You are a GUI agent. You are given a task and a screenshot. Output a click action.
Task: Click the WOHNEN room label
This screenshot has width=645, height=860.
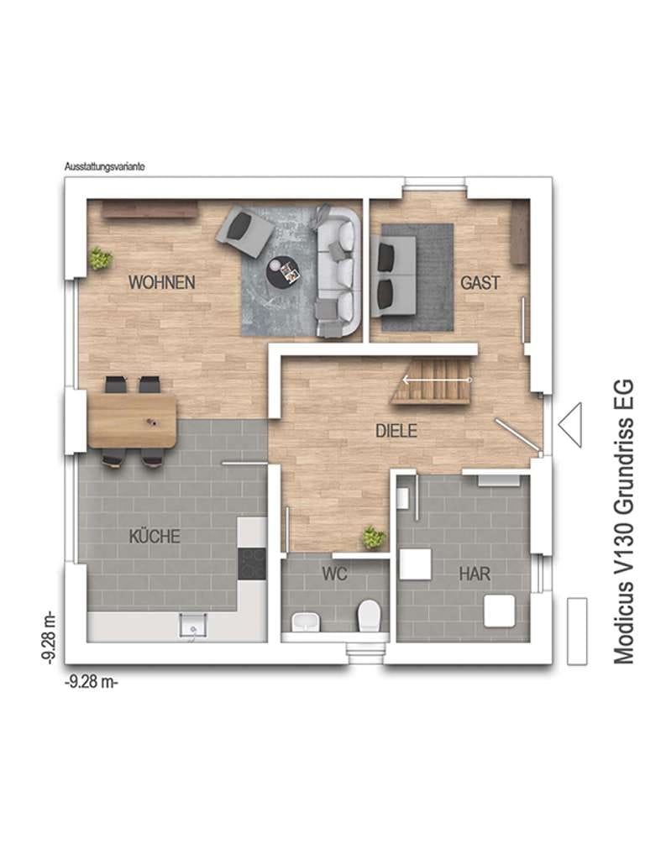coord(162,282)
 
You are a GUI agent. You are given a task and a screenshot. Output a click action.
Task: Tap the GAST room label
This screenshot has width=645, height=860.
coord(480,282)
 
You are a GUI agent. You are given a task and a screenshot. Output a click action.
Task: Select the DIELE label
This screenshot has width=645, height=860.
coord(396,431)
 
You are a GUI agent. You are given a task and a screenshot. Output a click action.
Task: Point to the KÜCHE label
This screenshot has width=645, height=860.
coord(155,536)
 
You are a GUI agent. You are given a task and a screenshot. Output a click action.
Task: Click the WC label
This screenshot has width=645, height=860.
coord(334,574)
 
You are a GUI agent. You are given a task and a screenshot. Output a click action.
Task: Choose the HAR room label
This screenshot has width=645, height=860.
coord(475,574)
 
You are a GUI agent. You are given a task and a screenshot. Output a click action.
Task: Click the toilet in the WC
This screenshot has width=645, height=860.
coord(369,616)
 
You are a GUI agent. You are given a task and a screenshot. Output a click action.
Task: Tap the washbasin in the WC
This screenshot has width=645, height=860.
coord(306,621)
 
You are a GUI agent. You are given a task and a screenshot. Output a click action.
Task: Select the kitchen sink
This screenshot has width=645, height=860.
coord(194,626)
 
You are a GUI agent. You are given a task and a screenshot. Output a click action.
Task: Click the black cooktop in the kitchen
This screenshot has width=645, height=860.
coord(252,564)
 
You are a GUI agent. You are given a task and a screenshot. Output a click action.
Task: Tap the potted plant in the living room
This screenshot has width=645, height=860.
coord(101,259)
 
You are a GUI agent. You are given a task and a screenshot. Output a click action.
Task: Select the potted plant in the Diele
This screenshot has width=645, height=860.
coord(374,537)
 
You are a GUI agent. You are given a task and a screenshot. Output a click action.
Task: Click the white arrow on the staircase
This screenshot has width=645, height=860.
coord(437,380)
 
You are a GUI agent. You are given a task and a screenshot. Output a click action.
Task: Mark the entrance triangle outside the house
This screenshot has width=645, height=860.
coord(570,425)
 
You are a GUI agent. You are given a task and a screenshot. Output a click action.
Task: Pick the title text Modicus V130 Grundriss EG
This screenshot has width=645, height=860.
coord(623,522)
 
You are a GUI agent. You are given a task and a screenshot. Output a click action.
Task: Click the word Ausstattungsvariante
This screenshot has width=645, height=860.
coord(104,167)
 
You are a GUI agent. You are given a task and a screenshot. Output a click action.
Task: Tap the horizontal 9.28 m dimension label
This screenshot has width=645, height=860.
coord(92,682)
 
